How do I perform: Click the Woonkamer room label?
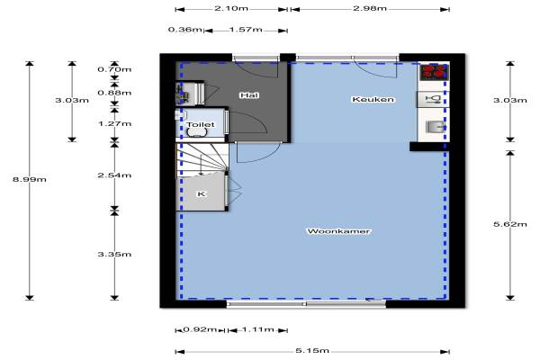point(339,231)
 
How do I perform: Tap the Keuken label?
point(373,100)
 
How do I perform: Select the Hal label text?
point(249,95)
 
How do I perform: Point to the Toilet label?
point(201,124)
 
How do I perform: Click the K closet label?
point(202,194)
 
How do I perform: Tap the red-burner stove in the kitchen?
point(434,72)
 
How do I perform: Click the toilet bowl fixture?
point(196,132)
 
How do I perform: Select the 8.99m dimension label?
point(30,179)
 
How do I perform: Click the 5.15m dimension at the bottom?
point(312,351)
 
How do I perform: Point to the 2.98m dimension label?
point(370,8)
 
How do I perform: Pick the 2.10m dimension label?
point(231,8)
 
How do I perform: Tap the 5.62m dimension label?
point(510,224)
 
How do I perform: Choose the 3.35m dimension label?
point(114,255)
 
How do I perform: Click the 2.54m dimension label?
point(114,175)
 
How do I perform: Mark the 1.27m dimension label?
point(114,123)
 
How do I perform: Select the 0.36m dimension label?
point(185,30)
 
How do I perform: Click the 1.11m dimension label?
point(257,329)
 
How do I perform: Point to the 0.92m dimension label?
point(200,329)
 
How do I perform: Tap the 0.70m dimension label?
point(114,69)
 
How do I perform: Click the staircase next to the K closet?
point(202,160)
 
